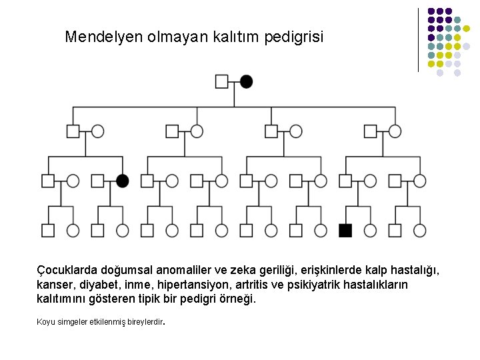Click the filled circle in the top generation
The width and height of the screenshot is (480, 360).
pos(247,81)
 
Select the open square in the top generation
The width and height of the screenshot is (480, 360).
pos(222,81)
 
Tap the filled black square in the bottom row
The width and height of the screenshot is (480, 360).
pos(345,231)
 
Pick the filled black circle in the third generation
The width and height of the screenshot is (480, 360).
pos(123,181)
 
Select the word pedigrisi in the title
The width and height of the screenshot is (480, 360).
pos(291,37)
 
